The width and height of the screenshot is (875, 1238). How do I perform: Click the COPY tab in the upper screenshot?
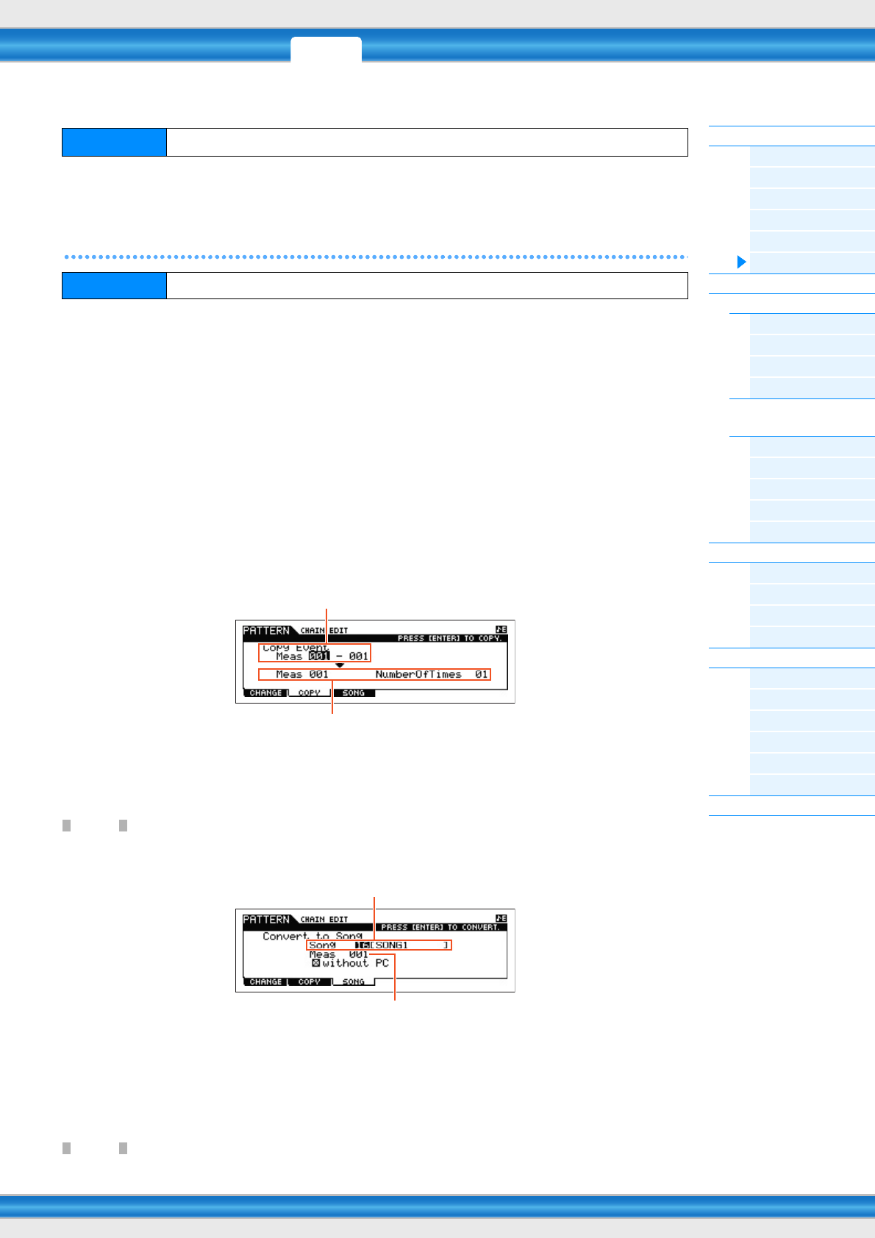tap(310, 693)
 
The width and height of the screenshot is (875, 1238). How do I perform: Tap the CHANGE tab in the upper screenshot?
tap(265, 693)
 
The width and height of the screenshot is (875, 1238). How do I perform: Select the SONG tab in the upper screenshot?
tap(354, 693)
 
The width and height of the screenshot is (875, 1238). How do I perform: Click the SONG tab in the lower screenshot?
tap(354, 981)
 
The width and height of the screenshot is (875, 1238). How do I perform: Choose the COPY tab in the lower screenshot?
tap(310, 981)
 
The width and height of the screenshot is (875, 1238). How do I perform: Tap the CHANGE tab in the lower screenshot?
tap(265, 981)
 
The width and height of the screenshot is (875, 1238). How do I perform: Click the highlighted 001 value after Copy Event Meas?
tap(319, 656)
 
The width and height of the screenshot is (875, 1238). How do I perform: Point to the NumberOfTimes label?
tap(418, 674)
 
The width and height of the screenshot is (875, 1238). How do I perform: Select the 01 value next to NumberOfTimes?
tap(482, 674)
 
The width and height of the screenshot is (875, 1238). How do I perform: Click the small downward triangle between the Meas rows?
tap(340, 665)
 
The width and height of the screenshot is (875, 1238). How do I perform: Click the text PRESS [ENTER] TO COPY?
tap(449, 638)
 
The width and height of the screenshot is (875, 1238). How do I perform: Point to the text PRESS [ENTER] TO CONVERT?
tap(440, 927)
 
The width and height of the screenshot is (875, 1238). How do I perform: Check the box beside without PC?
tap(316, 963)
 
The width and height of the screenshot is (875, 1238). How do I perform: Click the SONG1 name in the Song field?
tap(392, 945)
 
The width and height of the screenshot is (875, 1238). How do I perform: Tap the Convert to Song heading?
tap(312, 936)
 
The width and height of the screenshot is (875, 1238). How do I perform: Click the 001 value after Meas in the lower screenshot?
tap(359, 954)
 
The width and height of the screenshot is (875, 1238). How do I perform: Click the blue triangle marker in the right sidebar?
tap(742, 262)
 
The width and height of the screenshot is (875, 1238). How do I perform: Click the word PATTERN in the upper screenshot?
tap(266, 630)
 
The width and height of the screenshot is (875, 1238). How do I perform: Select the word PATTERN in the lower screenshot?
tap(266, 919)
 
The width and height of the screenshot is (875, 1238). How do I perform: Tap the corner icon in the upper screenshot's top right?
tap(501, 629)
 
